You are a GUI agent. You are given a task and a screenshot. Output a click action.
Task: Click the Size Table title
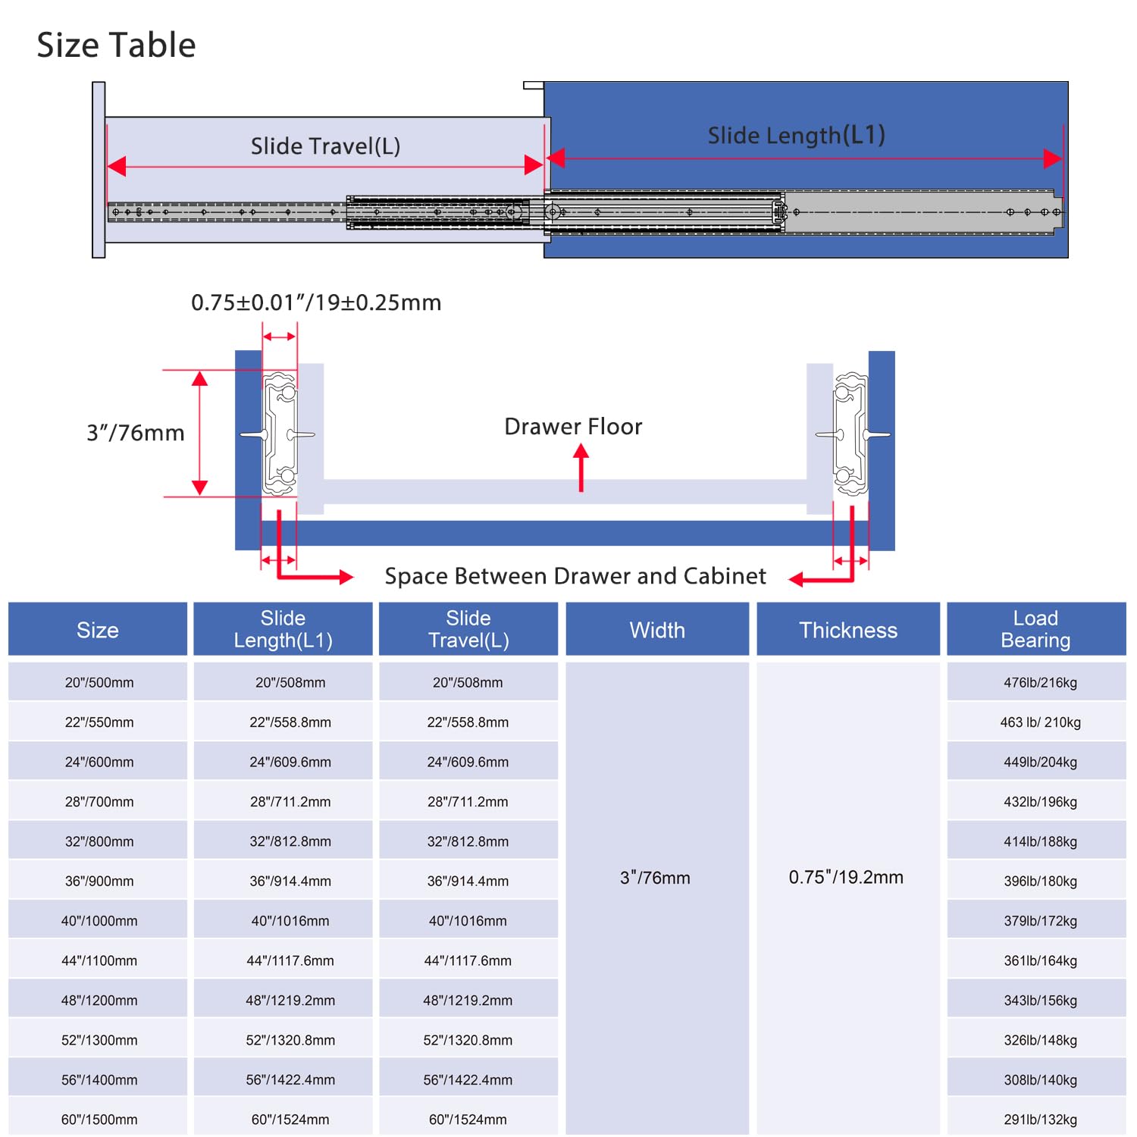[x=116, y=45]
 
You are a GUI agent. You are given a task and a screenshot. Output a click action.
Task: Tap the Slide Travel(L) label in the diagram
[x=325, y=146]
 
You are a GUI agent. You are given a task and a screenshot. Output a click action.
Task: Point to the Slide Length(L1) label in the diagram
[x=797, y=136]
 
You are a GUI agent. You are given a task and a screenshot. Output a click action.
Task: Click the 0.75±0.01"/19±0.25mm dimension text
[x=316, y=302]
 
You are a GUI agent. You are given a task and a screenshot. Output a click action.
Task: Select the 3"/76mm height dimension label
[x=136, y=433]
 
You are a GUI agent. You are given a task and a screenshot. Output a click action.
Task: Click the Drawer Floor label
[x=573, y=427]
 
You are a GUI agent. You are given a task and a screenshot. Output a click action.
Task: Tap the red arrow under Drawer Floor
[x=581, y=468]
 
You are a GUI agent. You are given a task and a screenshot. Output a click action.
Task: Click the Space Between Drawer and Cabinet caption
[x=575, y=576]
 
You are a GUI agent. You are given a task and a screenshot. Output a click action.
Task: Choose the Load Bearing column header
[x=1036, y=629]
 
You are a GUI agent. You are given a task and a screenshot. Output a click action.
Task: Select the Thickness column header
[x=848, y=630]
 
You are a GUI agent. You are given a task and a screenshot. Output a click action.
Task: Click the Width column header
[x=657, y=630]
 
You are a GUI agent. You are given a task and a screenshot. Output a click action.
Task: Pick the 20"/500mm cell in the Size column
[x=99, y=682]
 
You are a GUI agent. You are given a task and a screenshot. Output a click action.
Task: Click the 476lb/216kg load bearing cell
[x=1040, y=682]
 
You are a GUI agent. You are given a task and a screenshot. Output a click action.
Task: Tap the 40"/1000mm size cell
[x=99, y=921]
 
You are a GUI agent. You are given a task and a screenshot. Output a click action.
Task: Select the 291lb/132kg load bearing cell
[x=1040, y=1120]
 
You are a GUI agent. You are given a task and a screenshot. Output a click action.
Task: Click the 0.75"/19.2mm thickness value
[x=846, y=878]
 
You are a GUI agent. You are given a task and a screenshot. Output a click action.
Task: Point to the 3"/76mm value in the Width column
[x=655, y=878]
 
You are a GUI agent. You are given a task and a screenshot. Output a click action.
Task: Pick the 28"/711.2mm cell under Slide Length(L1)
[x=290, y=802]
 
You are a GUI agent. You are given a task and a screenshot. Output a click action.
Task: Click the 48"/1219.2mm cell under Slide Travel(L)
[x=468, y=1001]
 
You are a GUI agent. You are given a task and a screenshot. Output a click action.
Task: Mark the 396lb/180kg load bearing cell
[x=1040, y=882]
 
